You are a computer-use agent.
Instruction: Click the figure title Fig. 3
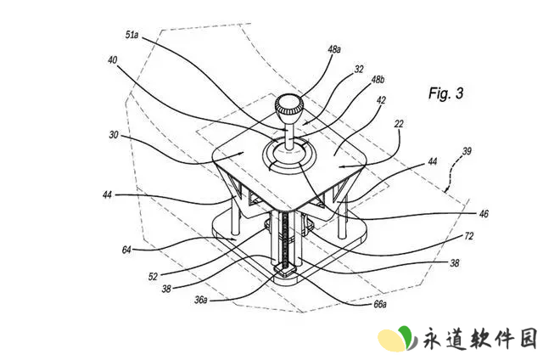445,93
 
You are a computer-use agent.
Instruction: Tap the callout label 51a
132,35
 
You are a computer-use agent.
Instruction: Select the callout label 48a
334,49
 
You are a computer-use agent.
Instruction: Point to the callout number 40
113,60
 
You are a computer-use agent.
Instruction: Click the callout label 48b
378,80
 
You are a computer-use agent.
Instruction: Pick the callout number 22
399,124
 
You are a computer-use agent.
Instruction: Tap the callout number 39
467,151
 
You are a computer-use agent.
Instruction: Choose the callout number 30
114,134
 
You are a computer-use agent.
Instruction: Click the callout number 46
484,214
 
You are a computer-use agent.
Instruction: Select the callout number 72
469,236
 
